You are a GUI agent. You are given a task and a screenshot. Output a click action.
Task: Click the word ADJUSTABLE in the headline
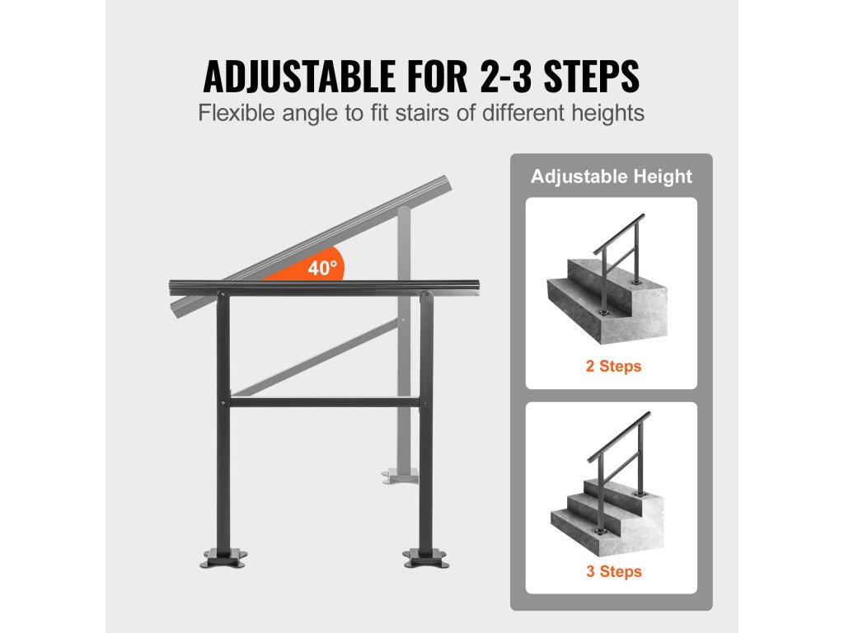(x=299, y=76)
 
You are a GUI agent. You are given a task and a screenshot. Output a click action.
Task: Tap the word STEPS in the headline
(x=592, y=76)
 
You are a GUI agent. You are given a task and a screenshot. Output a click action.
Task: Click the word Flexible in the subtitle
(x=237, y=113)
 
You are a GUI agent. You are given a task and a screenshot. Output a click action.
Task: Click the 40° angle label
(x=322, y=268)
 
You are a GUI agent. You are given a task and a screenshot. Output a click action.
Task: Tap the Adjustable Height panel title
(x=611, y=176)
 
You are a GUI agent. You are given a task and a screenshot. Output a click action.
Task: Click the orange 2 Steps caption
(x=613, y=366)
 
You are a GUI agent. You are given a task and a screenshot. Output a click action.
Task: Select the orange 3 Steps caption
(x=613, y=571)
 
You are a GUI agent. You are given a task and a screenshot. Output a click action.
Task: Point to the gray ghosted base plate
(x=400, y=476)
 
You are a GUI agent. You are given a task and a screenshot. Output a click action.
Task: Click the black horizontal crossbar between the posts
(x=325, y=402)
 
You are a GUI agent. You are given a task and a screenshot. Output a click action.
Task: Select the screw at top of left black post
(x=221, y=294)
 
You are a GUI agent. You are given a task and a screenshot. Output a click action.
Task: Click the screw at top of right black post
(x=425, y=294)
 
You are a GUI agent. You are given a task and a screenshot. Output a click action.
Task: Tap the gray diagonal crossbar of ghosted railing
(x=316, y=358)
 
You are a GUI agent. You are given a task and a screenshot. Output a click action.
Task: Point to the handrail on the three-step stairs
(x=618, y=437)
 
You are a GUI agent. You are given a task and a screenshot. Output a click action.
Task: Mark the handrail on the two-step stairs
(x=618, y=235)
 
